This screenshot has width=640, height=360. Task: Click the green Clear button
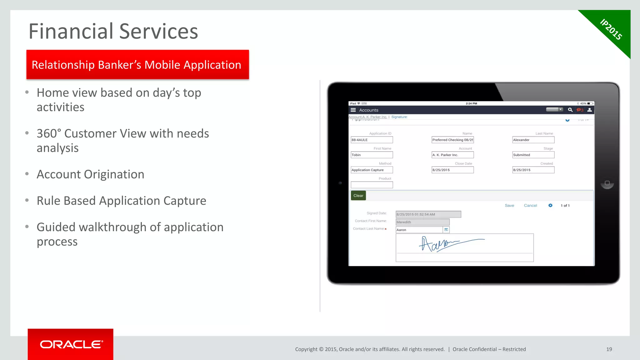pyautogui.click(x=358, y=196)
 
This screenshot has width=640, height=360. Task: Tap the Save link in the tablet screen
pyautogui.click(x=509, y=205)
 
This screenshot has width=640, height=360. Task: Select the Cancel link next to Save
pyautogui.click(x=530, y=205)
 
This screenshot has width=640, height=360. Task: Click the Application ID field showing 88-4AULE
pyautogui.click(x=372, y=140)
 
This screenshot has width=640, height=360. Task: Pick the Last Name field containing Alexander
pyautogui.click(x=533, y=140)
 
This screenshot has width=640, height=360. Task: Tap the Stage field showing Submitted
pyautogui.click(x=533, y=155)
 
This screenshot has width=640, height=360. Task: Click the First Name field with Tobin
pyautogui.click(x=372, y=155)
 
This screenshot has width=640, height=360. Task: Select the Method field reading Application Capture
pyautogui.click(x=372, y=170)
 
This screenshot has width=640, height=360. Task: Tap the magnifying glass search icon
pyautogui.click(x=570, y=110)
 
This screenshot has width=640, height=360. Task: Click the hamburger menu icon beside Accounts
pyautogui.click(x=353, y=110)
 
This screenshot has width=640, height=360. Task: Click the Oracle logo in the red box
pyautogui.click(x=71, y=344)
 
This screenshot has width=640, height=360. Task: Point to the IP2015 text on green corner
pyautogui.click(x=611, y=29)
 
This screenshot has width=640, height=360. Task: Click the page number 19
pyautogui.click(x=609, y=349)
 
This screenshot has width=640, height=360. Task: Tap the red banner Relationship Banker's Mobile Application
pyautogui.click(x=137, y=65)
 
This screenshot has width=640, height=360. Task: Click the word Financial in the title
pyautogui.click(x=71, y=31)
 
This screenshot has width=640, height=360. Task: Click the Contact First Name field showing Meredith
pyautogui.click(x=422, y=222)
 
